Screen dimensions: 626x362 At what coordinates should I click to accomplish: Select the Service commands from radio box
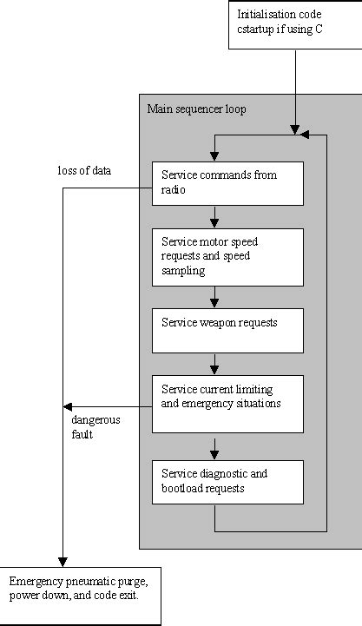(x=227, y=182)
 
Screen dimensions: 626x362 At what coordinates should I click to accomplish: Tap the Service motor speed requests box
(x=227, y=256)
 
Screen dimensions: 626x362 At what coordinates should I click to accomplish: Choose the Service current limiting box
(x=227, y=403)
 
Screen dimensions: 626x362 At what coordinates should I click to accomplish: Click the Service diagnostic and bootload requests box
(x=227, y=481)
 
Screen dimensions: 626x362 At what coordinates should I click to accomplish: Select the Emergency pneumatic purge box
(x=80, y=596)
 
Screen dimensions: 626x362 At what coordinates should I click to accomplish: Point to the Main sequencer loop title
(x=196, y=109)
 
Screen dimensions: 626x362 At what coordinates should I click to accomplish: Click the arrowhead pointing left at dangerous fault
(x=67, y=408)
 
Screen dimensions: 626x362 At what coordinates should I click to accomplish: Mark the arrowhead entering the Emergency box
(x=62, y=560)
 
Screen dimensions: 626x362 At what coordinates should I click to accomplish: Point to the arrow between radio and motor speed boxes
(x=214, y=216)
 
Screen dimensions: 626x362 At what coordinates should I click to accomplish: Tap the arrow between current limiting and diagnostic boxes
(x=214, y=448)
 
